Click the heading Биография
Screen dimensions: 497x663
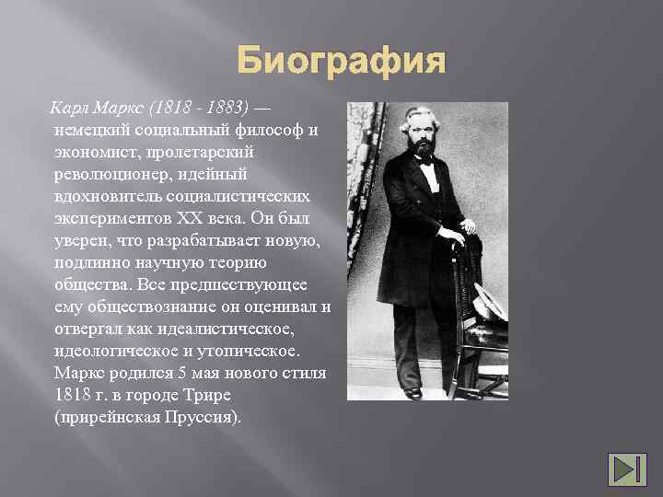tap(341, 63)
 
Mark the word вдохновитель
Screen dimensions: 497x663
tap(113, 197)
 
